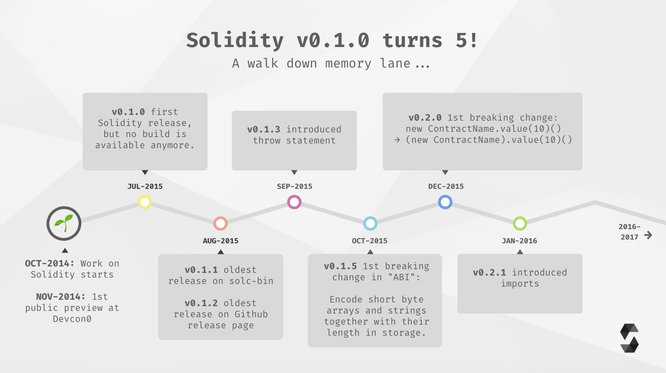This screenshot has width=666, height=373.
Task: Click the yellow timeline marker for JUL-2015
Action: click(145, 202)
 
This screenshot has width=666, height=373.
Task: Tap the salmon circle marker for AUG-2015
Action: click(221, 223)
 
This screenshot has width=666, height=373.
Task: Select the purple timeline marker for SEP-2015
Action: click(294, 202)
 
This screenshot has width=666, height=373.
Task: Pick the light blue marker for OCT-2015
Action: click(370, 223)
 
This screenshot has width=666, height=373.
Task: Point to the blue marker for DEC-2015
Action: click(445, 202)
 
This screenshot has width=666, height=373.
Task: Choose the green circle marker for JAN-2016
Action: click(520, 223)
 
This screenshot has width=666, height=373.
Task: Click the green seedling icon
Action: click(64, 223)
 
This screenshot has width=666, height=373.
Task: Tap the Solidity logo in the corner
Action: click(629, 338)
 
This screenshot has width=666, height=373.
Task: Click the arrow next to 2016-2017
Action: click(648, 235)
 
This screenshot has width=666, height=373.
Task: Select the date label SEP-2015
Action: click(294, 186)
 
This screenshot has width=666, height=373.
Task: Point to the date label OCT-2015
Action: click(370, 241)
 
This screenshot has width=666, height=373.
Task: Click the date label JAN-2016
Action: click(519, 241)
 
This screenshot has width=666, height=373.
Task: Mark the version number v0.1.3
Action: click(264, 129)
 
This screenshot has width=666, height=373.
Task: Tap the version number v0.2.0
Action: click(425, 118)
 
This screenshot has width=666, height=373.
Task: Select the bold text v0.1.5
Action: click(340, 266)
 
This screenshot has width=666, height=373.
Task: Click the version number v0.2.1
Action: click(489, 273)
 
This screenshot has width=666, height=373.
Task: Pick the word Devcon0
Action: click(72, 319)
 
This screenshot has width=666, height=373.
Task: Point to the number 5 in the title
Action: click(461, 40)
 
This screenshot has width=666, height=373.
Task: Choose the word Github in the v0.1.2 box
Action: click(251, 314)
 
